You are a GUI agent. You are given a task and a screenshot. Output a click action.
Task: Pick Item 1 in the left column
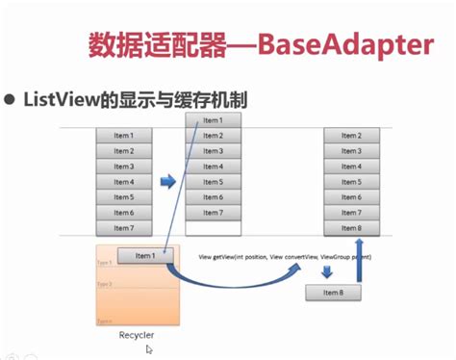click(x=123, y=136)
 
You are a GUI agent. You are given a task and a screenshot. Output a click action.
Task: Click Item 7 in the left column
click(x=123, y=228)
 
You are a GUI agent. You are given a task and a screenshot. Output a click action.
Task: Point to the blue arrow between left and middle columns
click(x=168, y=180)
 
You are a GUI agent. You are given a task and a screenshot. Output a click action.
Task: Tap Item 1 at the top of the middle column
click(x=213, y=120)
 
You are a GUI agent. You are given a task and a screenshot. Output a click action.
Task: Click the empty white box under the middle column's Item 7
click(x=213, y=228)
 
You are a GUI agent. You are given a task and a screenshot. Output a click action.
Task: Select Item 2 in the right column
click(x=351, y=136)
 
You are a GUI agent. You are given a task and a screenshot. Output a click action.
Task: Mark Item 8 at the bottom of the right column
click(x=351, y=228)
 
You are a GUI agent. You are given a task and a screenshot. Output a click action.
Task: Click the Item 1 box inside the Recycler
click(x=145, y=255)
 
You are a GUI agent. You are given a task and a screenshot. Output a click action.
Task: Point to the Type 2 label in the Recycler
click(x=105, y=284)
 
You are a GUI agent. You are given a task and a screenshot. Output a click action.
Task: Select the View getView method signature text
click(x=284, y=258)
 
